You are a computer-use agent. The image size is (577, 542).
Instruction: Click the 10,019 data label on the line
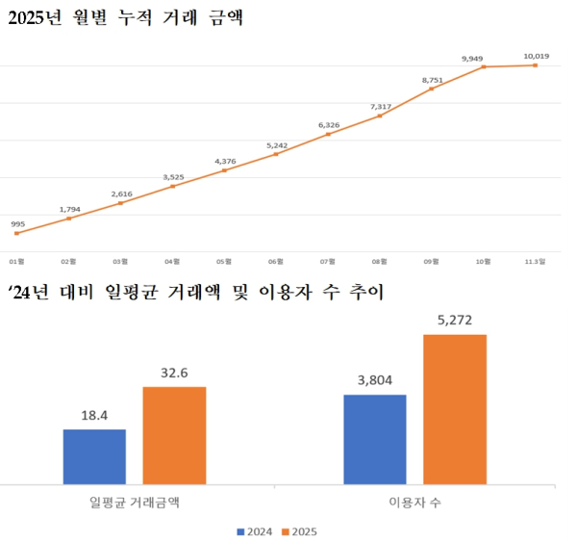pos(537,57)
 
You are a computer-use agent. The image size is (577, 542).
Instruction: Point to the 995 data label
pos(17,223)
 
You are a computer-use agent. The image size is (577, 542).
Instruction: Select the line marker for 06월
pos(276,154)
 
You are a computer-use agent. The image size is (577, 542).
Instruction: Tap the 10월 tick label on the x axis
pos(484,261)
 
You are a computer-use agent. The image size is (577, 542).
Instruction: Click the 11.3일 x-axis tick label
pos(535,261)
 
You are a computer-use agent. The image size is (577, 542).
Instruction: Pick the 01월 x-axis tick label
pos(17,261)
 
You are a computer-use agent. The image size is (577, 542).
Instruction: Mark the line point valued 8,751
pos(432,89)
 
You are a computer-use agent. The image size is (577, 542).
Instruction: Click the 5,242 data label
pos(276,144)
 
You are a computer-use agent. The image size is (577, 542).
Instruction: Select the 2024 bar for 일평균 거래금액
pos(94,456)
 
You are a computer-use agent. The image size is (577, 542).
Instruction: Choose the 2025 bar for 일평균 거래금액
pos(174,435)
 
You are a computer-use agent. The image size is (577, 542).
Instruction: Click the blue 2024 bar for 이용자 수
pos(375,439)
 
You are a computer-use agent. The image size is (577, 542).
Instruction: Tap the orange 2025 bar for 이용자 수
pos(455,409)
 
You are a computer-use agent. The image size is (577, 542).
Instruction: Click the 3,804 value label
pos(375,380)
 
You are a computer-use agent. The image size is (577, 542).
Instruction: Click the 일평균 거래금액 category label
pos(135,503)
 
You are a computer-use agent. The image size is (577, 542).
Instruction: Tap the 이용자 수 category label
pos(414,503)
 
